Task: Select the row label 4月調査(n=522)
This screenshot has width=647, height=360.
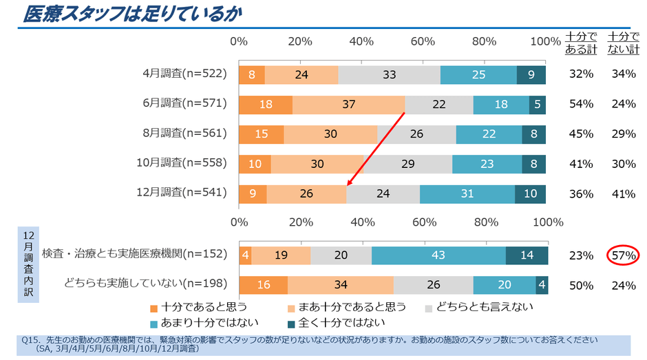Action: click(x=184, y=74)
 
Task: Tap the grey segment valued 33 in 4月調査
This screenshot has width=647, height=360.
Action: click(x=389, y=74)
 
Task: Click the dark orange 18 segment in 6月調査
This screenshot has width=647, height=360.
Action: click(x=266, y=104)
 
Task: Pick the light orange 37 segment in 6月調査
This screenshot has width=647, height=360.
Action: click(x=349, y=104)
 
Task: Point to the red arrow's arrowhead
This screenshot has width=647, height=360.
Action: click(x=349, y=184)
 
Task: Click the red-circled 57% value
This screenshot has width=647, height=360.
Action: click(x=623, y=256)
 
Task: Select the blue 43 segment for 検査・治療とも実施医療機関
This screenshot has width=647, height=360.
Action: click(x=438, y=255)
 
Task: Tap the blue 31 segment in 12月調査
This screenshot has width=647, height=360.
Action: click(x=467, y=194)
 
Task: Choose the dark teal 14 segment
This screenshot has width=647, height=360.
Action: click(x=527, y=255)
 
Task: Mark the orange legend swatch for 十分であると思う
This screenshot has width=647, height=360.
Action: click(x=154, y=307)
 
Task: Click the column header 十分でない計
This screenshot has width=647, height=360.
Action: click(x=623, y=43)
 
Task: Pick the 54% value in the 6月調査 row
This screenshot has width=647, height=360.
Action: click(x=582, y=104)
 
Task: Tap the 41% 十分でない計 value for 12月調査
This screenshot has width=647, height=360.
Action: click(x=623, y=194)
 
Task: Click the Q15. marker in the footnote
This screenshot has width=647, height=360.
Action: click(x=31, y=340)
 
